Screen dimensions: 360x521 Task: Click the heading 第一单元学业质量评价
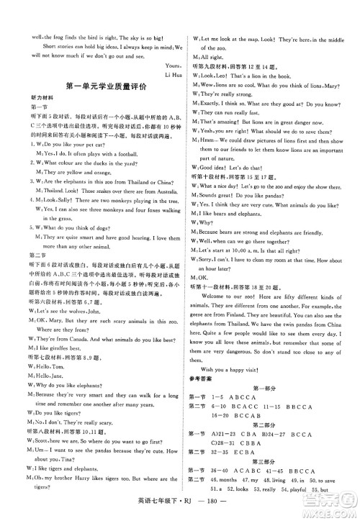[x=93, y=85]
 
